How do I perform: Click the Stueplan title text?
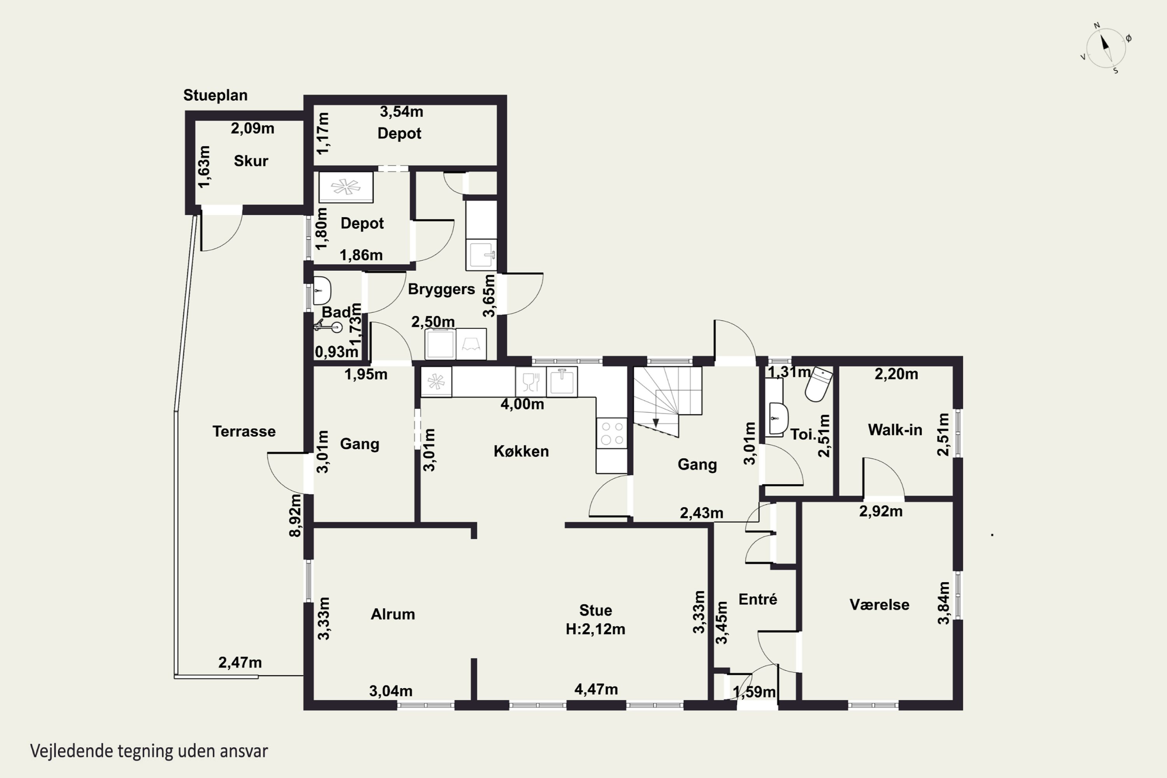click(216, 95)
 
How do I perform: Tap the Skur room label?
click(251, 161)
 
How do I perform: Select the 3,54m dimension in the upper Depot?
click(401, 112)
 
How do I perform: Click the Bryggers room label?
click(441, 290)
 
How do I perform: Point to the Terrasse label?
click(244, 431)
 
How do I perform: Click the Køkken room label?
click(521, 451)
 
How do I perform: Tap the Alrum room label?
click(393, 614)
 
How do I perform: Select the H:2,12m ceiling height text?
click(596, 629)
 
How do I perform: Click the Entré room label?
click(758, 599)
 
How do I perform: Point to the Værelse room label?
click(879, 605)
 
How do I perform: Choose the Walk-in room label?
click(895, 430)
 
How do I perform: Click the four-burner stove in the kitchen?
click(612, 433)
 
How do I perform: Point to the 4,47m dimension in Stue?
click(596, 689)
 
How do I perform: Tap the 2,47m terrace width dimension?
click(240, 662)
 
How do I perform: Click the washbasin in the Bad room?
click(322, 290)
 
